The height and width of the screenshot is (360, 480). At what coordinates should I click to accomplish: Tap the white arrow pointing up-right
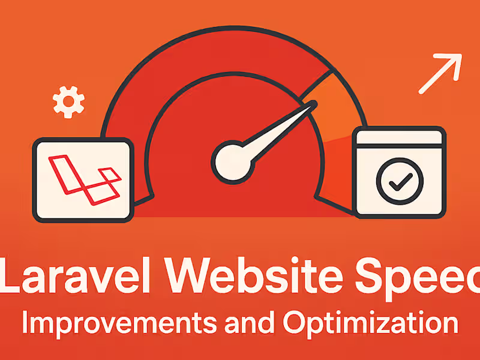click(440, 73)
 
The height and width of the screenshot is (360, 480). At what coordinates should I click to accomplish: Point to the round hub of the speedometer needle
click(230, 160)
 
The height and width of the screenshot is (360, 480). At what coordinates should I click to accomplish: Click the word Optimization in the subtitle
click(370, 323)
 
